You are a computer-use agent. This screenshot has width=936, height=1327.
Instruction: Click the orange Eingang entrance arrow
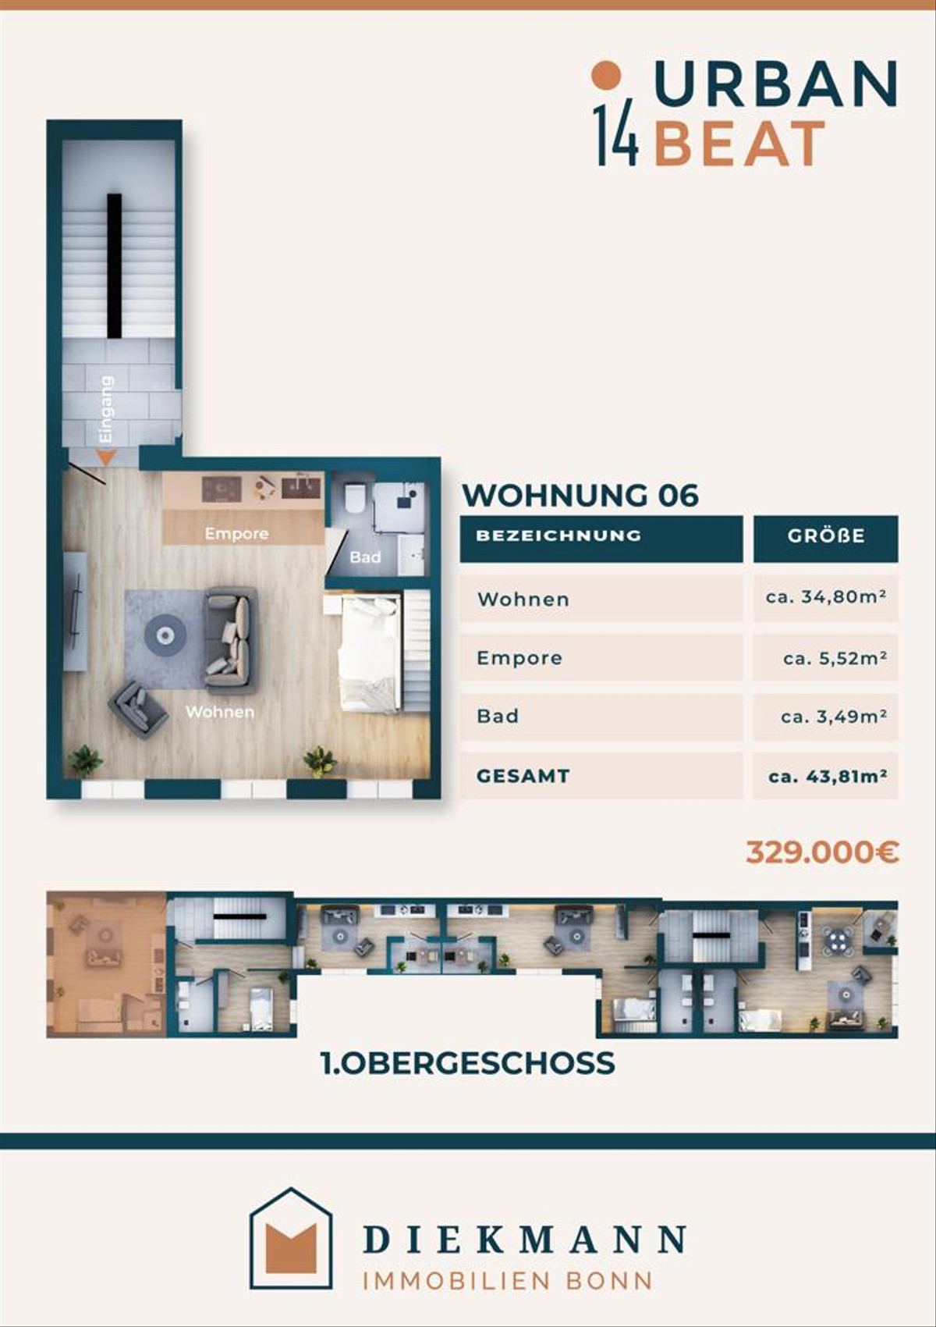(x=107, y=457)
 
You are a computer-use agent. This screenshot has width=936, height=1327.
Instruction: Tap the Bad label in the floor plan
(x=365, y=557)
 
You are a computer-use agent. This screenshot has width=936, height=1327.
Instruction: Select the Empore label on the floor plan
(x=237, y=534)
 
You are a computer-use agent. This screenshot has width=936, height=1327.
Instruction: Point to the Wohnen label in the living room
(x=220, y=711)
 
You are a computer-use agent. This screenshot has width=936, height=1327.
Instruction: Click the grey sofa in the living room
(x=231, y=640)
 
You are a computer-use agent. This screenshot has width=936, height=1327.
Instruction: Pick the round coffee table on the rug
(x=165, y=635)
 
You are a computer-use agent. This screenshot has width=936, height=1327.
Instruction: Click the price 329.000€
(x=822, y=852)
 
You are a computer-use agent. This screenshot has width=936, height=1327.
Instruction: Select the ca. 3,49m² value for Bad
(x=834, y=717)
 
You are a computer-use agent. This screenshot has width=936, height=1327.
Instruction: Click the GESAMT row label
(x=523, y=776)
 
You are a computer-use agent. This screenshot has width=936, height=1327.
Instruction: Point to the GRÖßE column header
(x=826, y=536)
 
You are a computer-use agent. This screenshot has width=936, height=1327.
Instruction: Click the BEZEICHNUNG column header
(x=558, y=535)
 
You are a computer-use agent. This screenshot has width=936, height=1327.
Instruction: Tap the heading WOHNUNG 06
(x=580, y=495)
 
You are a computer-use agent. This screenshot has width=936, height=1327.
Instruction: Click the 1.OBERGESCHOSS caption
(x=468, y=1063)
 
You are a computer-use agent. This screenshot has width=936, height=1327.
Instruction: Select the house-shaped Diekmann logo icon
(x=291, y=1237)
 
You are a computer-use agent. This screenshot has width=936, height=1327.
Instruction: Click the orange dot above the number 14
(x=606, y=75)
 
